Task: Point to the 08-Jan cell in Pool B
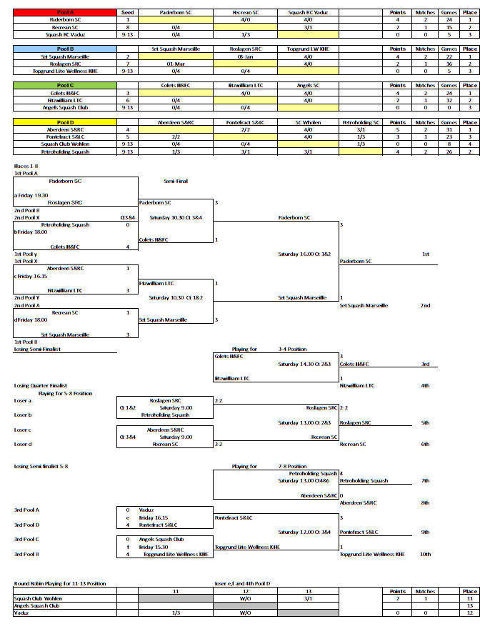tap(245, 56)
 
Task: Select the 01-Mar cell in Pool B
tap(176, 64)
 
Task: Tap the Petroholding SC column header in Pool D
tap(360, 122)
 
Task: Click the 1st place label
tap(425, 254)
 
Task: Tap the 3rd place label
tap(425, 364)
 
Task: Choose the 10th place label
tap(425, 554)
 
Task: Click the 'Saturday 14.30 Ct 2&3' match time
tap(304, 364)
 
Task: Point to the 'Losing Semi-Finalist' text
tap(38, 349)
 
